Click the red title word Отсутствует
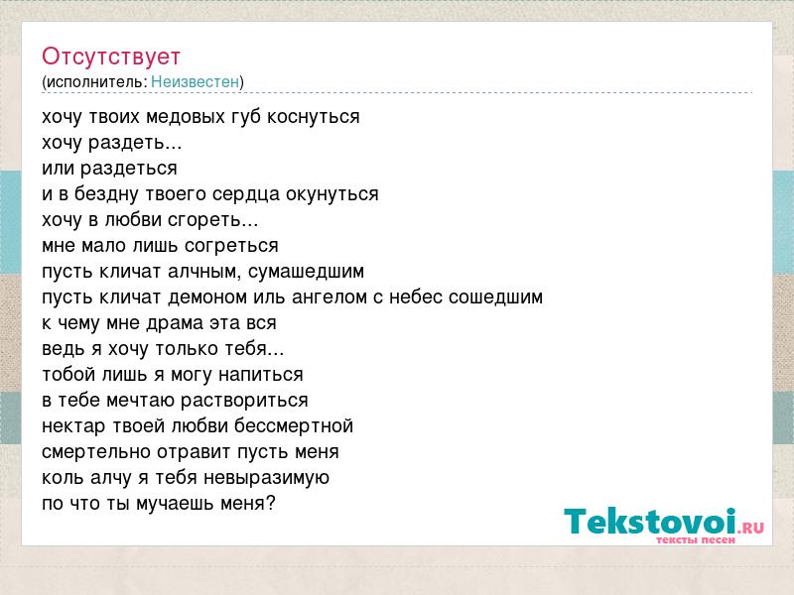click(x=111, y=57)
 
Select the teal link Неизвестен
click(x=195, y=82)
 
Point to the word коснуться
click(x=313, y=117)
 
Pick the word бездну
click(x=106, y=194)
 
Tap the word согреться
click(x=231, y=246)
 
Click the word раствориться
click(x=244, y=401)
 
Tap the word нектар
click(x=73, y=426)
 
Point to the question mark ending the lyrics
click(x=270, y=503)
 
